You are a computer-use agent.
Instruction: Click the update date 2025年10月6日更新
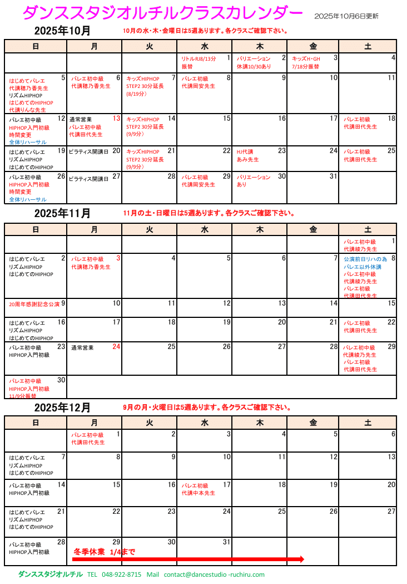[x=346, y=17]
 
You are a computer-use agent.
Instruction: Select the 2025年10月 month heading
[x=62, y=30]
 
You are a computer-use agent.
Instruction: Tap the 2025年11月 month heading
[x=62, y=214]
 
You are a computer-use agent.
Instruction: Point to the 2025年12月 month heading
[x=62, y=408]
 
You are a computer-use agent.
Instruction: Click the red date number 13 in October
[x=117, y=119]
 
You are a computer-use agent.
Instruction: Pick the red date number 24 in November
[x=116, y=347]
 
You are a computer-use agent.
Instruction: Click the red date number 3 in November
[x=118, y=258]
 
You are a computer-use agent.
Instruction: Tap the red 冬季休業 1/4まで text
[x=104, y=552]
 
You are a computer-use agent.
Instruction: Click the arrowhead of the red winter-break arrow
[x=301, y=559]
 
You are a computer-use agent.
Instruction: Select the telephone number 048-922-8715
[x=122, y=575]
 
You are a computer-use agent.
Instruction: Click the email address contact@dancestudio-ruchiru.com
[x=214, y=575]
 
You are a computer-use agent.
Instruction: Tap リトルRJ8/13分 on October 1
[x=198, y=58]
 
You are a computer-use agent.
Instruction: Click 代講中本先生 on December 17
[x=198, y=493]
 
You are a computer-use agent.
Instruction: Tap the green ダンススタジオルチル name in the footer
[x=51, y=575]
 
